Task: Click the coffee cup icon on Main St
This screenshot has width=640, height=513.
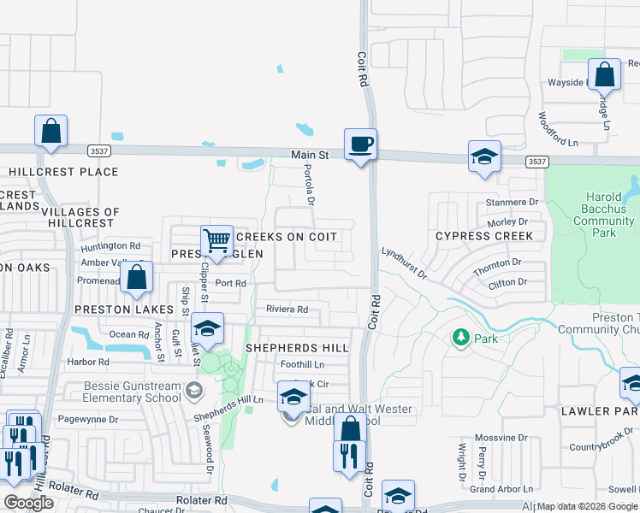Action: [x=360, y=144]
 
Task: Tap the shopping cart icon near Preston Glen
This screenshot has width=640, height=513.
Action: [x=217, y=240]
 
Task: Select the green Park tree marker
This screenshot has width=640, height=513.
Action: [x=461, y=338]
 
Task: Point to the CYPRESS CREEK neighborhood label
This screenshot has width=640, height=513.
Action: [x=483, y=235]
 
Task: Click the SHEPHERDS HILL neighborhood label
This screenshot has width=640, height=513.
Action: [x=297, y=348]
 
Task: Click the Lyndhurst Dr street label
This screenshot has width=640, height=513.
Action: [x=405, y=263]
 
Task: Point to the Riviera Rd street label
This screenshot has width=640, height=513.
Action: [x=287, y=310]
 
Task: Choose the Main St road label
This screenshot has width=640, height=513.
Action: [x=310, y=155]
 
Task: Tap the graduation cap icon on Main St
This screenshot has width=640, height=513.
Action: [x=484, y=156]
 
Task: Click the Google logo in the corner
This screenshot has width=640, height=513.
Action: [x=28, y=503]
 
